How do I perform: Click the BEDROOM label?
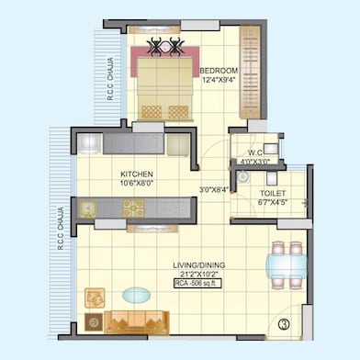(219, 71)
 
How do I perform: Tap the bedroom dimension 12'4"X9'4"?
(219, 80)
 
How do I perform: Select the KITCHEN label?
(136, 174)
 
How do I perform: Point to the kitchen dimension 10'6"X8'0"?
(136, 183)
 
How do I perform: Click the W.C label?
(257, 153)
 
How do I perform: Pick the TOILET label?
(272, 195)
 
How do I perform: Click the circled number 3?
(285, 323)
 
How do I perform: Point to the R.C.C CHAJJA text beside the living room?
(60, 230)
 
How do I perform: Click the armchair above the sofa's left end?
(94, 297)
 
